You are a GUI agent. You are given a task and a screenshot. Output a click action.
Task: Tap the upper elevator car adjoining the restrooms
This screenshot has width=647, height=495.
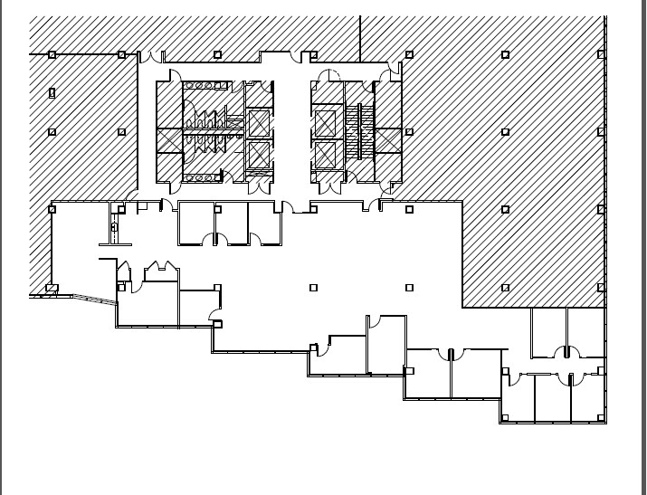259,121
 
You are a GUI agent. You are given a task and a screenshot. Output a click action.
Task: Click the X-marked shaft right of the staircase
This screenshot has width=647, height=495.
388,141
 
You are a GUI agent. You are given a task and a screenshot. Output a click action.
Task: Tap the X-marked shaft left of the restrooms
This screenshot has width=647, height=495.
169,141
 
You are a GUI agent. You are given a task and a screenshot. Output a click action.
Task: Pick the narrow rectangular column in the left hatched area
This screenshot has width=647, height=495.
52,92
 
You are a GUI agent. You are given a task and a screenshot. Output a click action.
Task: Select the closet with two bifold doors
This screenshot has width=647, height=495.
160,271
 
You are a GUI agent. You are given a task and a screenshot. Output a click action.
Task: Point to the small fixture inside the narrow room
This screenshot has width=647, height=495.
114,228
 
